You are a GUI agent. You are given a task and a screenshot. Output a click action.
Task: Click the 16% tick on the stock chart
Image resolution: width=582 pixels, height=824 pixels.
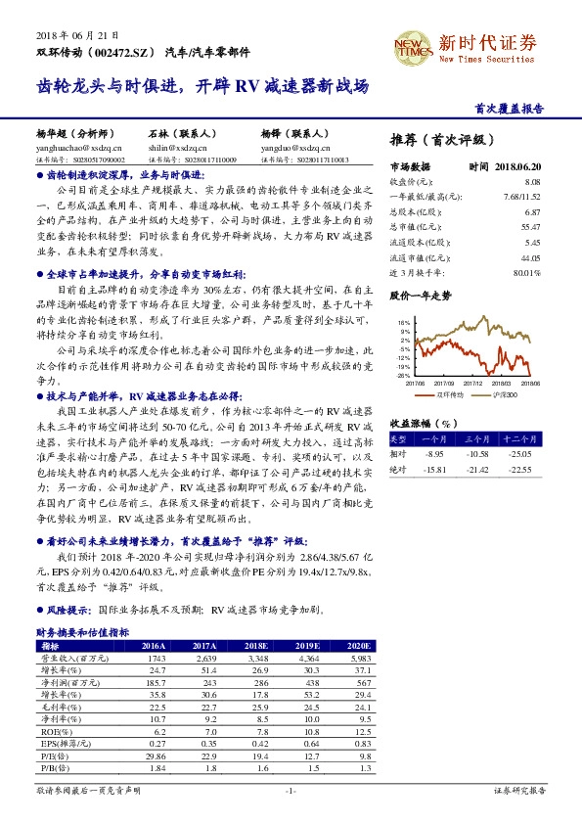[x=404, y=322]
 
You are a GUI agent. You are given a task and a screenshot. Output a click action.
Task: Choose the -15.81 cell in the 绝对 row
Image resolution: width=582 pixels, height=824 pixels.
[x=432, y=469]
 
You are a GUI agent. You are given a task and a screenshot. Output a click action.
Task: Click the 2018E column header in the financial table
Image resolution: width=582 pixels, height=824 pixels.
[x=256, y=647]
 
